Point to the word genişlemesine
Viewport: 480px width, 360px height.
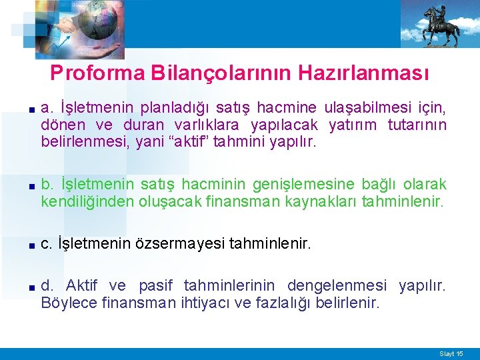pos(311,184)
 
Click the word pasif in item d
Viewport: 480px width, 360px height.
pos(154,287)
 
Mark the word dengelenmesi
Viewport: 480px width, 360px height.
pos(337,287)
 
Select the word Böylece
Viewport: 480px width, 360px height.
pos(68,304)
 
